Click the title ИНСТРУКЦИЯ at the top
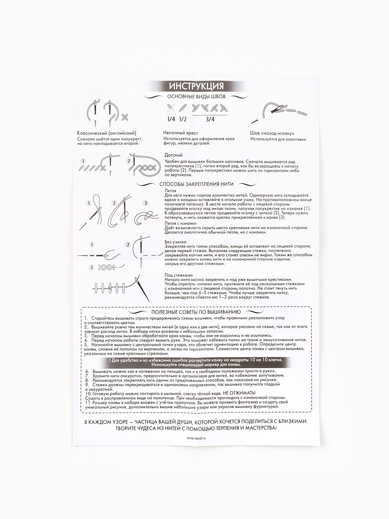pos(196,86)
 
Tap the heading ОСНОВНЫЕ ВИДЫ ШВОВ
pos(196,97)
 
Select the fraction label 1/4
pos(171,119)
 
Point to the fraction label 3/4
pos(210,119)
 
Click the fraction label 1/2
pos(183,119)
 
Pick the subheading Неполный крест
pos(181,133)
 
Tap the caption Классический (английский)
pos(107,133)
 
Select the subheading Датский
pos(174,155)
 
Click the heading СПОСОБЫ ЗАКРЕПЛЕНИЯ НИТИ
pos(196,184)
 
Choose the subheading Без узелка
pos(175,242)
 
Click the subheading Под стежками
pos(178,275)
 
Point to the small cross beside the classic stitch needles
pos(125,117)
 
